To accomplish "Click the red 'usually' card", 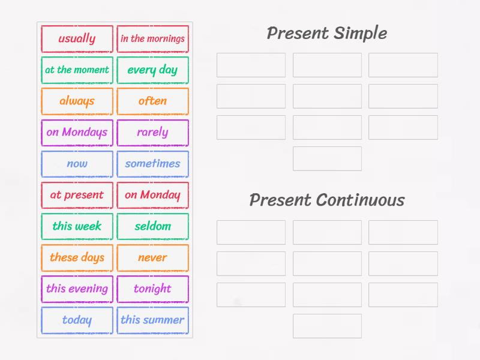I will (x=77, y=39).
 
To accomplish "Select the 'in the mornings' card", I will (x=152, y=39).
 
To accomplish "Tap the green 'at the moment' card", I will (x=77, y=70).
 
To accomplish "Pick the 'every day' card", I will (x=152, y=70).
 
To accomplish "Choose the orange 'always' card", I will (x=77, y=101).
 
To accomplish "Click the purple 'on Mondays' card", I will (x=77, y=133).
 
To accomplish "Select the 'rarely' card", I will (x=152, y=133).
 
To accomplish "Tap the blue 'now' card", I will (x=77, y=164).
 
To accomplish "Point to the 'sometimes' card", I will (x=152, y=164).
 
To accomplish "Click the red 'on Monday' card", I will (x=152, y=195).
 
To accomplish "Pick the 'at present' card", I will (x=77, y=195).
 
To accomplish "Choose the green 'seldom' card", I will (x=152, y=226).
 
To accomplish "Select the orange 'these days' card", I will (x=77, y=257).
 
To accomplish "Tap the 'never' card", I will (x=152, y=257).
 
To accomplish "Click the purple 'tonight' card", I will (x=152, y=289).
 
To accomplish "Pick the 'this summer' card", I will (x=152, y=320).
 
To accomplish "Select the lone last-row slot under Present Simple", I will (x=327, y=159).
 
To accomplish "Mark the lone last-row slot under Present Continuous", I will (x=327, y=326).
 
